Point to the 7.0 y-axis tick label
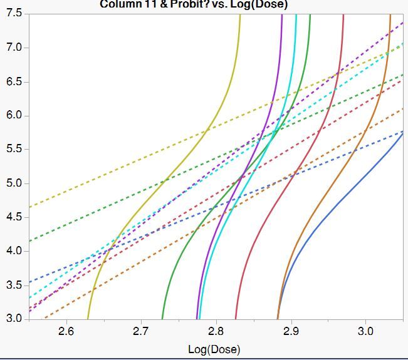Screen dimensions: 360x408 pos(13,48)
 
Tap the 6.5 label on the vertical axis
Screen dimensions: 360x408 pos(13,82)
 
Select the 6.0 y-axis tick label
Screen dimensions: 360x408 pos(13,116)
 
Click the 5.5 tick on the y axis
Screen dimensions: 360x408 pos(13,150)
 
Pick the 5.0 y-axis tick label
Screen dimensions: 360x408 pos(13,183)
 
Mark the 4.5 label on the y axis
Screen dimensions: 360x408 pos(13,217)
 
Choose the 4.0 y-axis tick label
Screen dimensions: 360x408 pos(13,251)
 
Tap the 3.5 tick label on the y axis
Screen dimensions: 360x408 pos(13,285)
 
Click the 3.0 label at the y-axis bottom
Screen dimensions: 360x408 pos(13,319)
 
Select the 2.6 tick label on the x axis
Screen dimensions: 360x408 pos(66,331)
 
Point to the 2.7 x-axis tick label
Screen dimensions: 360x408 pos(141,331)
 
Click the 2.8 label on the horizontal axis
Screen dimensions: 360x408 pos(216,331)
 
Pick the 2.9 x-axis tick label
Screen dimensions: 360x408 pos(291,331)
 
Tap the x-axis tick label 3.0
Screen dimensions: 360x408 pos(365,331)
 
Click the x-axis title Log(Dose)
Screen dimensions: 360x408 pos(214,349)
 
